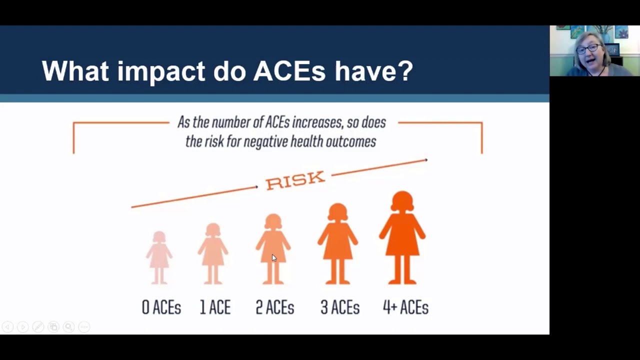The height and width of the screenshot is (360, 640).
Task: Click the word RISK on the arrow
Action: [x=295, y=180]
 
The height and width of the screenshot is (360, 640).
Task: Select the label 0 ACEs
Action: [x=161, y=307]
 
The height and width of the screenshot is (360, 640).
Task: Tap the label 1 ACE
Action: [x=215, y=307]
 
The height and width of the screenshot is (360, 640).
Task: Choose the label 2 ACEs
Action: [x=275, y=307]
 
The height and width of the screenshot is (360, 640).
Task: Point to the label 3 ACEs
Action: [x=340, y=307]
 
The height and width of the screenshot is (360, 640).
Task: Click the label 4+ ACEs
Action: [x=405, y=307]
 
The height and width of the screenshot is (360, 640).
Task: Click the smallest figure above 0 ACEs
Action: [x=159, y=257]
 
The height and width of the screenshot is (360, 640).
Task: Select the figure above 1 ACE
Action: [x=213, y=253]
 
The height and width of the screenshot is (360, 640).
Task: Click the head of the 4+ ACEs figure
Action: [x=402, y=201]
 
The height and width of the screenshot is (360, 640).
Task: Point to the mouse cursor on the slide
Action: [x=274, y=258]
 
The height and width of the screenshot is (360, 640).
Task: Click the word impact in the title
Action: [x=161, y=71]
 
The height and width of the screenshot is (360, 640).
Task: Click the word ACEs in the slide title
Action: [x=289, y=70]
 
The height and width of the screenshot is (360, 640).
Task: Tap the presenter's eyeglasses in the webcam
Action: [x=589, y=49]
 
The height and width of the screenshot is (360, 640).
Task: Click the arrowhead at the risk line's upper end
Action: [x=426, y=160]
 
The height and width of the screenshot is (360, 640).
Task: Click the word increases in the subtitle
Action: [x=317, y=122]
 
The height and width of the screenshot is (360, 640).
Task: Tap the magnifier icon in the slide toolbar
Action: [x=69, y=326]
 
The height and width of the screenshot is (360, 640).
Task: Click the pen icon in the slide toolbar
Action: [x=38, y=326]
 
